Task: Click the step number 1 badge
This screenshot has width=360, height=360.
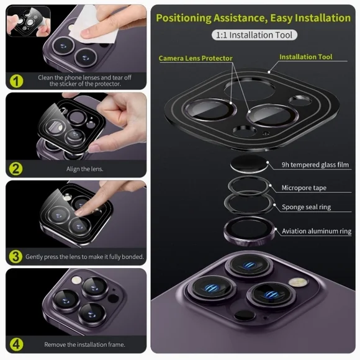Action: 16,81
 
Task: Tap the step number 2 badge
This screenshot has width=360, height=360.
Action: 16,169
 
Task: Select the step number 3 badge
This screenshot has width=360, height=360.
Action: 16,256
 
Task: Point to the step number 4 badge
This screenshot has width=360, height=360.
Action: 16,344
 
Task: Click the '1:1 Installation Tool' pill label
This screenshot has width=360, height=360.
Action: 254,35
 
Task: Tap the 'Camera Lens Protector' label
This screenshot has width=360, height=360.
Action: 196,58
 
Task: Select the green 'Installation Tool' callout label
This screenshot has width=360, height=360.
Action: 306,57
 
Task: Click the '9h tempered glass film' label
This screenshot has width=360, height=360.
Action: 315,165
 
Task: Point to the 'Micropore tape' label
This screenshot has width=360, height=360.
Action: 304,188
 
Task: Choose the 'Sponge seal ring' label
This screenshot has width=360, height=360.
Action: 306,207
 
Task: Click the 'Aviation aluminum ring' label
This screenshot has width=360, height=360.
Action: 317,231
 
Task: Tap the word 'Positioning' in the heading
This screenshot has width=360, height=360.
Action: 184,18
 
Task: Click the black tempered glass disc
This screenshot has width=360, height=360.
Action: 249,164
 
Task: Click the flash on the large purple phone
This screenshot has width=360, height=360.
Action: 298,282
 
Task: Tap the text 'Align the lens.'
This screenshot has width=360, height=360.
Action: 84,169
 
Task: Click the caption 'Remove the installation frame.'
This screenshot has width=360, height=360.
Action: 84,344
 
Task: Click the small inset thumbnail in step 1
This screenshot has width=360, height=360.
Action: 29,21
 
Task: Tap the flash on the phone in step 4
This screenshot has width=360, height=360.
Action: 76,280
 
